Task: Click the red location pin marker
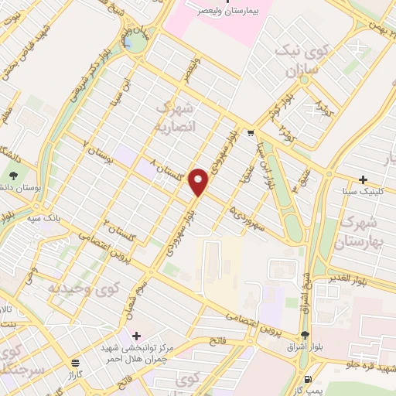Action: point(199,181)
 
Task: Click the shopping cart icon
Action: point(251,133)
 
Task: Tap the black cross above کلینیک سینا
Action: point(363,179)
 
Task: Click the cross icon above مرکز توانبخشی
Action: point(136,336)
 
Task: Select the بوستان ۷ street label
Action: point(97,154)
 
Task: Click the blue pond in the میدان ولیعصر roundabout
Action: point(136,40)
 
